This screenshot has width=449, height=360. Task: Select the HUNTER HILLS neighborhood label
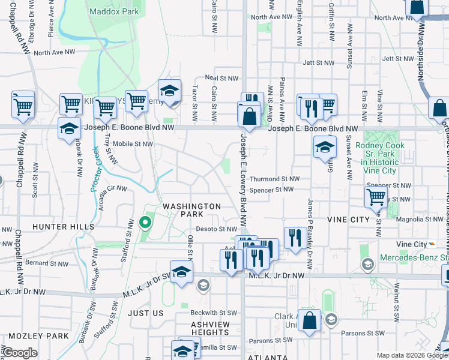(64, 227)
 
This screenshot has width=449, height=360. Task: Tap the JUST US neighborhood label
(146, 313)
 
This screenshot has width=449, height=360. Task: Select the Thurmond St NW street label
(274, 179)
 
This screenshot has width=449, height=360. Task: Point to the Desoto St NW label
(217, 229)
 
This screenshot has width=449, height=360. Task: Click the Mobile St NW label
(133, 144)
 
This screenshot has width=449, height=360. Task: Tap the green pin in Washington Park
(145, 223)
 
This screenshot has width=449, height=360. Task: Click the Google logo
(20, 353)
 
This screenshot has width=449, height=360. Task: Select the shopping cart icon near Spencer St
(376, 196)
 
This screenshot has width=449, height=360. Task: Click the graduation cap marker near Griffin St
(324, 146)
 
